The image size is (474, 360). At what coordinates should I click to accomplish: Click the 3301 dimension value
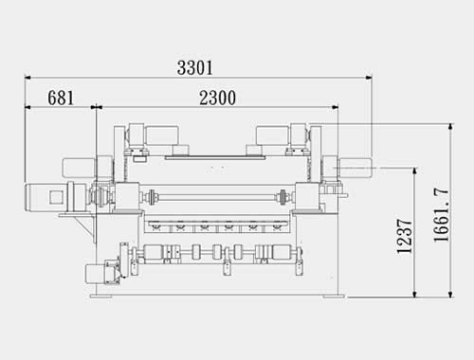tap(195, 68)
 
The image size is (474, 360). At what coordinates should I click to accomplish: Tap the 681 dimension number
tap(61, 98)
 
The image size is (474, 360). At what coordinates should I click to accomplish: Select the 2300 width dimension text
tap(217, 98)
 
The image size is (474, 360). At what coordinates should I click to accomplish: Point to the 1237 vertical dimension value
tap(405, 236)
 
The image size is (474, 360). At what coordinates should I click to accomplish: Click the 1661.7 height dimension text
tap(441, 215)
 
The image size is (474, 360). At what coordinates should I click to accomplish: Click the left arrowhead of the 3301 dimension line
tap(27, 77)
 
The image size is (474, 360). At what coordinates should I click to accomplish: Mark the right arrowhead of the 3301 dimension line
tap(369, 77)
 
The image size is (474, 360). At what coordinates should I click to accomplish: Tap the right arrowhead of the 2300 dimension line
tap(335, 107)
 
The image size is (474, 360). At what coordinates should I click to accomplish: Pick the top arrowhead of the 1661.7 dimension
tap(450, 127)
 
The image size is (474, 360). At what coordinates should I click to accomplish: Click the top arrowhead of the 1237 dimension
tap(415, 171)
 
